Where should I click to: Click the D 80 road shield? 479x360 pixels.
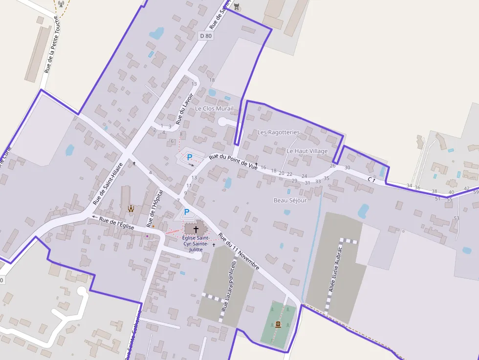[206, 36]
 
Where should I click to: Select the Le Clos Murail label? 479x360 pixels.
[214, 108]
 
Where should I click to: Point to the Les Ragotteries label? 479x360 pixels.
[278, 132]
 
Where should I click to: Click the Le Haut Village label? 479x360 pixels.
[307, 151]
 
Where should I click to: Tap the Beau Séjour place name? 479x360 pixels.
[290, 200]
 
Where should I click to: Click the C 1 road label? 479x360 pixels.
[371, 180]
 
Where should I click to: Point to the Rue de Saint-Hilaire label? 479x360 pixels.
[107, 184]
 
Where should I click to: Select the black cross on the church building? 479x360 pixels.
[196, 229]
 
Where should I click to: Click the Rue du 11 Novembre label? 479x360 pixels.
[239, 252]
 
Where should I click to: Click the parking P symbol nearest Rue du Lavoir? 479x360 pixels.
[189, 157]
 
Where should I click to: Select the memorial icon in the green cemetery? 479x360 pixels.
[278, 324]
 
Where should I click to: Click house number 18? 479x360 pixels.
[212, 80]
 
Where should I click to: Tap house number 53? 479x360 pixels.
[457, 218]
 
